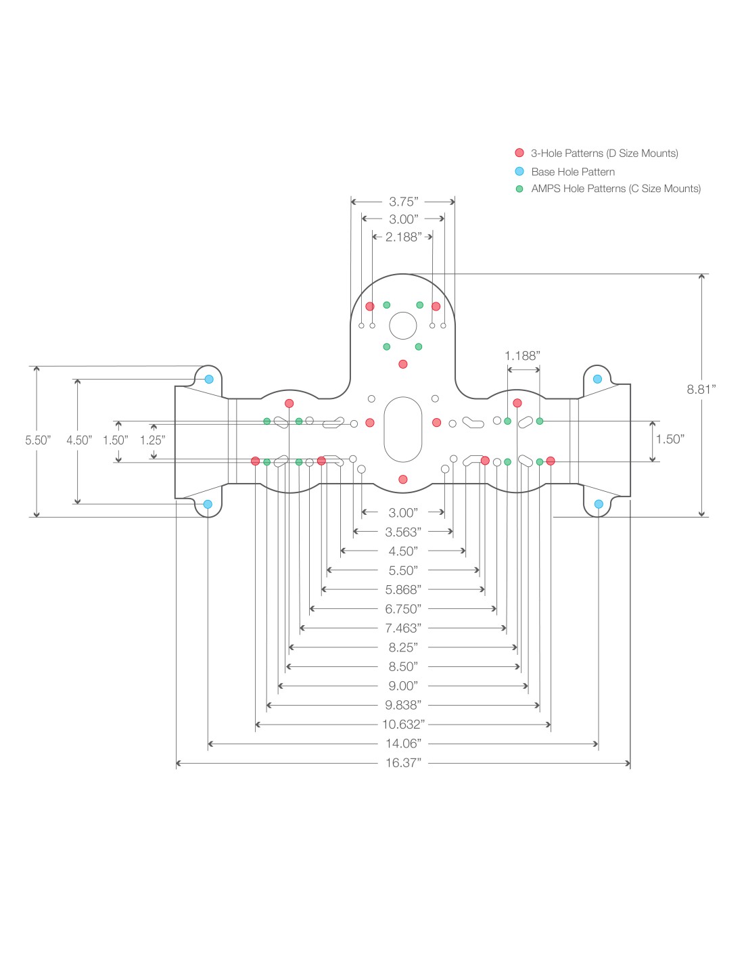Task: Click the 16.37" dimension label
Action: click(x=403, y=763)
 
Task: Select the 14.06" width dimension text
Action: click(x=403, y=743)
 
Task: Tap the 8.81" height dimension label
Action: click(x=701, y=389)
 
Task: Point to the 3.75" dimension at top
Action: click(x=403, y=202)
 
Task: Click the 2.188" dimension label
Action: click(x=403, y=237)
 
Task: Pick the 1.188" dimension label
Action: click(x=522, y=356)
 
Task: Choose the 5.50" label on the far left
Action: click(x=38, y=440)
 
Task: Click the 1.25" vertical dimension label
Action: click(x=152, y=440)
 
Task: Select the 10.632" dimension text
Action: click(x=403, y=725)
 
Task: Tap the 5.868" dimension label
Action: click(x=403, y=590)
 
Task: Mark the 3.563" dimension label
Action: click(x=403, y=532)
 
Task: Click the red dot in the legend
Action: click(x=519, y=153)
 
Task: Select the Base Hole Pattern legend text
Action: click(x=573, y=172)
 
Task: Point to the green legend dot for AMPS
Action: click(x=519, y=189)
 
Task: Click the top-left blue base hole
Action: click(x=209, y=379)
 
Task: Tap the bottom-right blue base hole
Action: click(x=599, y=504)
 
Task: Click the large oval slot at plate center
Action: click(x=403, y=430)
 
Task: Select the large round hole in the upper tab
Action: click(x=403, y=325)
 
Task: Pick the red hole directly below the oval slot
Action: click(x=403, y=480)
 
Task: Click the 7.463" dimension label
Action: click(x=403, y=628)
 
